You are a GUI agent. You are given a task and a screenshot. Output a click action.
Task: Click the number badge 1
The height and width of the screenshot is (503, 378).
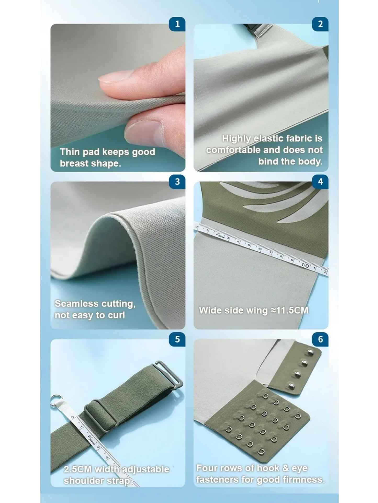click(177, 24)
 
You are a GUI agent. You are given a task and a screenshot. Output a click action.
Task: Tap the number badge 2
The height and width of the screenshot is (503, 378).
click(320, 24)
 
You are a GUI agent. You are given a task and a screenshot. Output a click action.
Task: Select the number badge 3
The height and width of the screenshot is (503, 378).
click(177, 182)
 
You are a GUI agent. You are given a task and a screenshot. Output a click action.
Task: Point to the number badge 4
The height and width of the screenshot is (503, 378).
click(320, 182)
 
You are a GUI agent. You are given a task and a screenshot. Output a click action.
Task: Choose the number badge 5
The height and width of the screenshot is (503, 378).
click(177, 339)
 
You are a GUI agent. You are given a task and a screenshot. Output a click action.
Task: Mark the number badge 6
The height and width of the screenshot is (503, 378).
click(320, 339)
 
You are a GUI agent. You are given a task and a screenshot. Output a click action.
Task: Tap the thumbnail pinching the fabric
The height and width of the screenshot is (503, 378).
click(141, 133)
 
